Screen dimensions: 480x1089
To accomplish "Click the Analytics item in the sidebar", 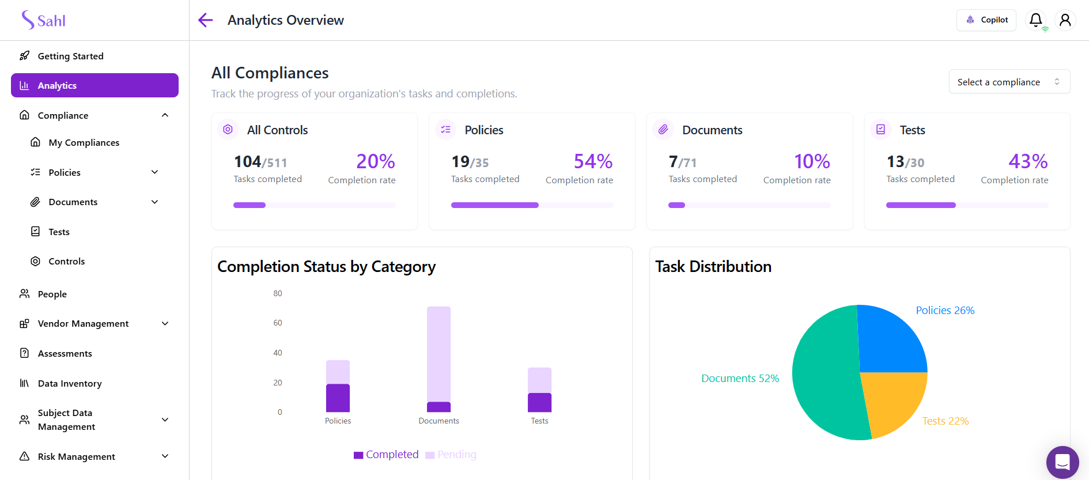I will click(x=94, y=85).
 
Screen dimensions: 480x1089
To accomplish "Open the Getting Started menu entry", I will click(x=70, y=56).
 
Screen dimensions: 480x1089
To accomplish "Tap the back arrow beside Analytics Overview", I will click(x=205, y=20).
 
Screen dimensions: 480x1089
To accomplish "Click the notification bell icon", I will click(x=1035, y=20).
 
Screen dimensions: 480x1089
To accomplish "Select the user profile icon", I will click(x=1065, y=20).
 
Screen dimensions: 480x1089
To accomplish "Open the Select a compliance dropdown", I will click(x=1009, y=82).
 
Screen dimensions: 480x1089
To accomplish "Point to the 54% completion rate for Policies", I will click(x=593, y=161).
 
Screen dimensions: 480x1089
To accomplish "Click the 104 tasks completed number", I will click(x=248, y=162).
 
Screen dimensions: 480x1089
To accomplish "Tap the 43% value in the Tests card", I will click(x=1028, y=161).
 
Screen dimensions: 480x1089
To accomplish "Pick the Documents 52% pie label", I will click(x=740, y=379).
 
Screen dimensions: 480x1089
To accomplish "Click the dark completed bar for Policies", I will click(x=338, y=398).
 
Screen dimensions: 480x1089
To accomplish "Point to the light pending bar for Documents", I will click(x=438, y=352).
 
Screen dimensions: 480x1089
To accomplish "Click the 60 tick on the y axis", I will click(x=278, y=323).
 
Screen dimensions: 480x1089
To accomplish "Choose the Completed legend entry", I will click(x=387, y=455).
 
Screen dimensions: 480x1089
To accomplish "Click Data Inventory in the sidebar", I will click(x=70, y=383).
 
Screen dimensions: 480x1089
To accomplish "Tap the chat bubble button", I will click(x=1062, y=462).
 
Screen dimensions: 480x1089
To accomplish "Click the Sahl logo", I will click(x=44, y=20).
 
